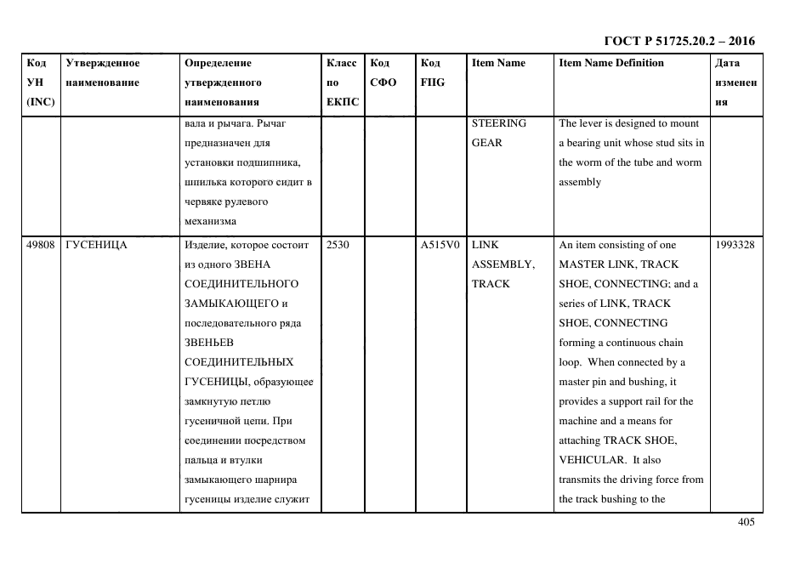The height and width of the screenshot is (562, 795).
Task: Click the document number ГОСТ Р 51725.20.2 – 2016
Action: pyautogui.click(x=679, y=41)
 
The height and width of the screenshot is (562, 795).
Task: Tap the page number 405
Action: pyautogui.click(x=746, y=523)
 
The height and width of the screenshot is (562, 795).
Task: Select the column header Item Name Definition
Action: pyautogui.click(x=611, y=63)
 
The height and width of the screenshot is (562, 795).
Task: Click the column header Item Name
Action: pyautogui.click(x=498, y=63)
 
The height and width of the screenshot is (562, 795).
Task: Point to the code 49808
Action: pyautogui.click(x=41, y=245)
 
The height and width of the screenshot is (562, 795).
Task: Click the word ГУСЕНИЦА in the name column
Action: pyautogui.click(x=96, y=245)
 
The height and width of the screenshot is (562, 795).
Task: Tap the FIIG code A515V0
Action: pyautogui.click(x=440, y=245)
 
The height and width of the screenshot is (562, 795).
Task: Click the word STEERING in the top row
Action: pyautogui.click(x=499, y=123)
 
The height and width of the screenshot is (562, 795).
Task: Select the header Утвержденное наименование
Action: pyautogui.click(x=103, y=72)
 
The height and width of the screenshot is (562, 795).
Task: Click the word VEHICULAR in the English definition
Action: pyautogui.click(x=590, y=460)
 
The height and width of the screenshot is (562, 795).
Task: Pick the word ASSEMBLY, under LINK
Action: pyautogui.click(x=503, y=264)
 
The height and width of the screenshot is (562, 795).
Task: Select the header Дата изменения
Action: pyautogui.click(x=735, y=82)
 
